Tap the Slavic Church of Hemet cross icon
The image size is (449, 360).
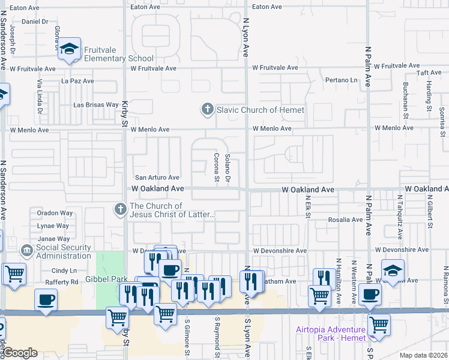(x=207, y=110)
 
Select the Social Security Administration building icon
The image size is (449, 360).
(x=27, y=250)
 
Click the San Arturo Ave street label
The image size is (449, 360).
(x=157, y=178)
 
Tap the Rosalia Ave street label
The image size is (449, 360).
(x=346, y=220)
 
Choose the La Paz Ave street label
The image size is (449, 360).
(x=78, y=80)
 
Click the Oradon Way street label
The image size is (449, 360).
(x=55, y=213)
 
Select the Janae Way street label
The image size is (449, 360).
(x=53, y=239)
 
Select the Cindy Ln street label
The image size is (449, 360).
(x=64, y=271)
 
